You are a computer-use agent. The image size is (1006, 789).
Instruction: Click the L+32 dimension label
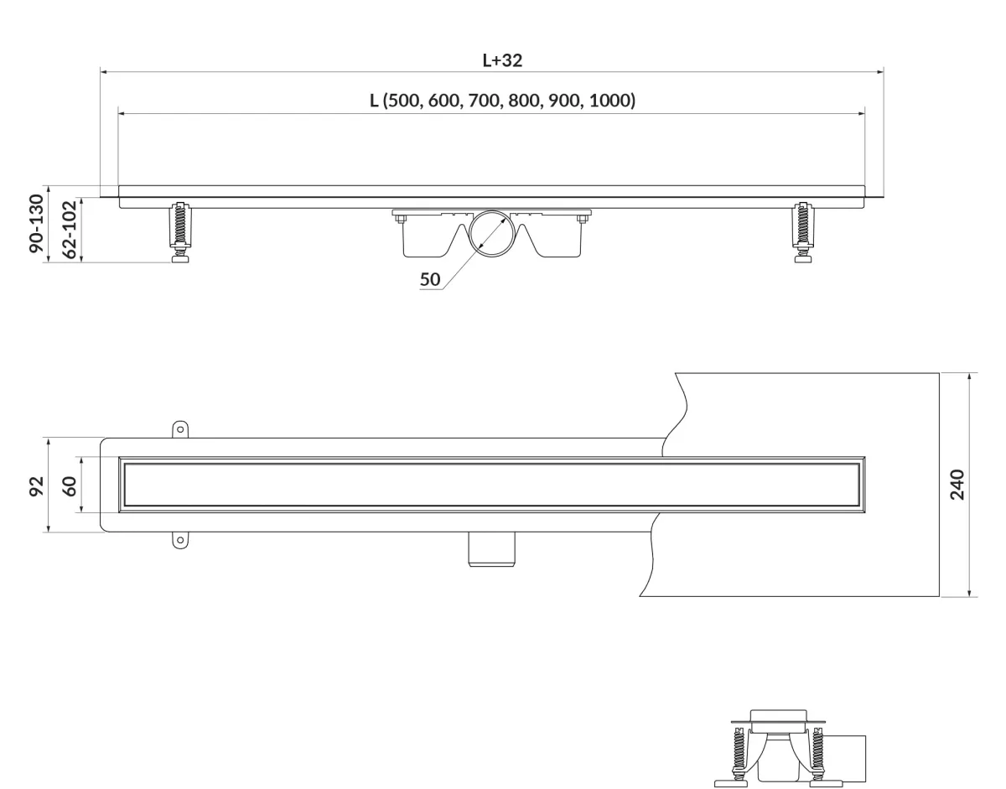[x=502, y=60]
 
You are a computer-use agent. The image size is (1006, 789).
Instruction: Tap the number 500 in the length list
[x=402, y=101]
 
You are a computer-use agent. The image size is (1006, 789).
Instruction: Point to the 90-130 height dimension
[x=36, y=224]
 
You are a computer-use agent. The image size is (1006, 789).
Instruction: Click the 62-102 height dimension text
[x=69, y=229]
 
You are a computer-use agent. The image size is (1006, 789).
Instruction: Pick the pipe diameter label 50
[x=429, y=279]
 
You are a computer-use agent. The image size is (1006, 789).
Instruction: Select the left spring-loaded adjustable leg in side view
[x=180, y=231]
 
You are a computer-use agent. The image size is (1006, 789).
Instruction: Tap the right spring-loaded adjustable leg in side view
[x=803, y=231]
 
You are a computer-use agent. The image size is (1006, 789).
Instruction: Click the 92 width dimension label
[x=36, y=486]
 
